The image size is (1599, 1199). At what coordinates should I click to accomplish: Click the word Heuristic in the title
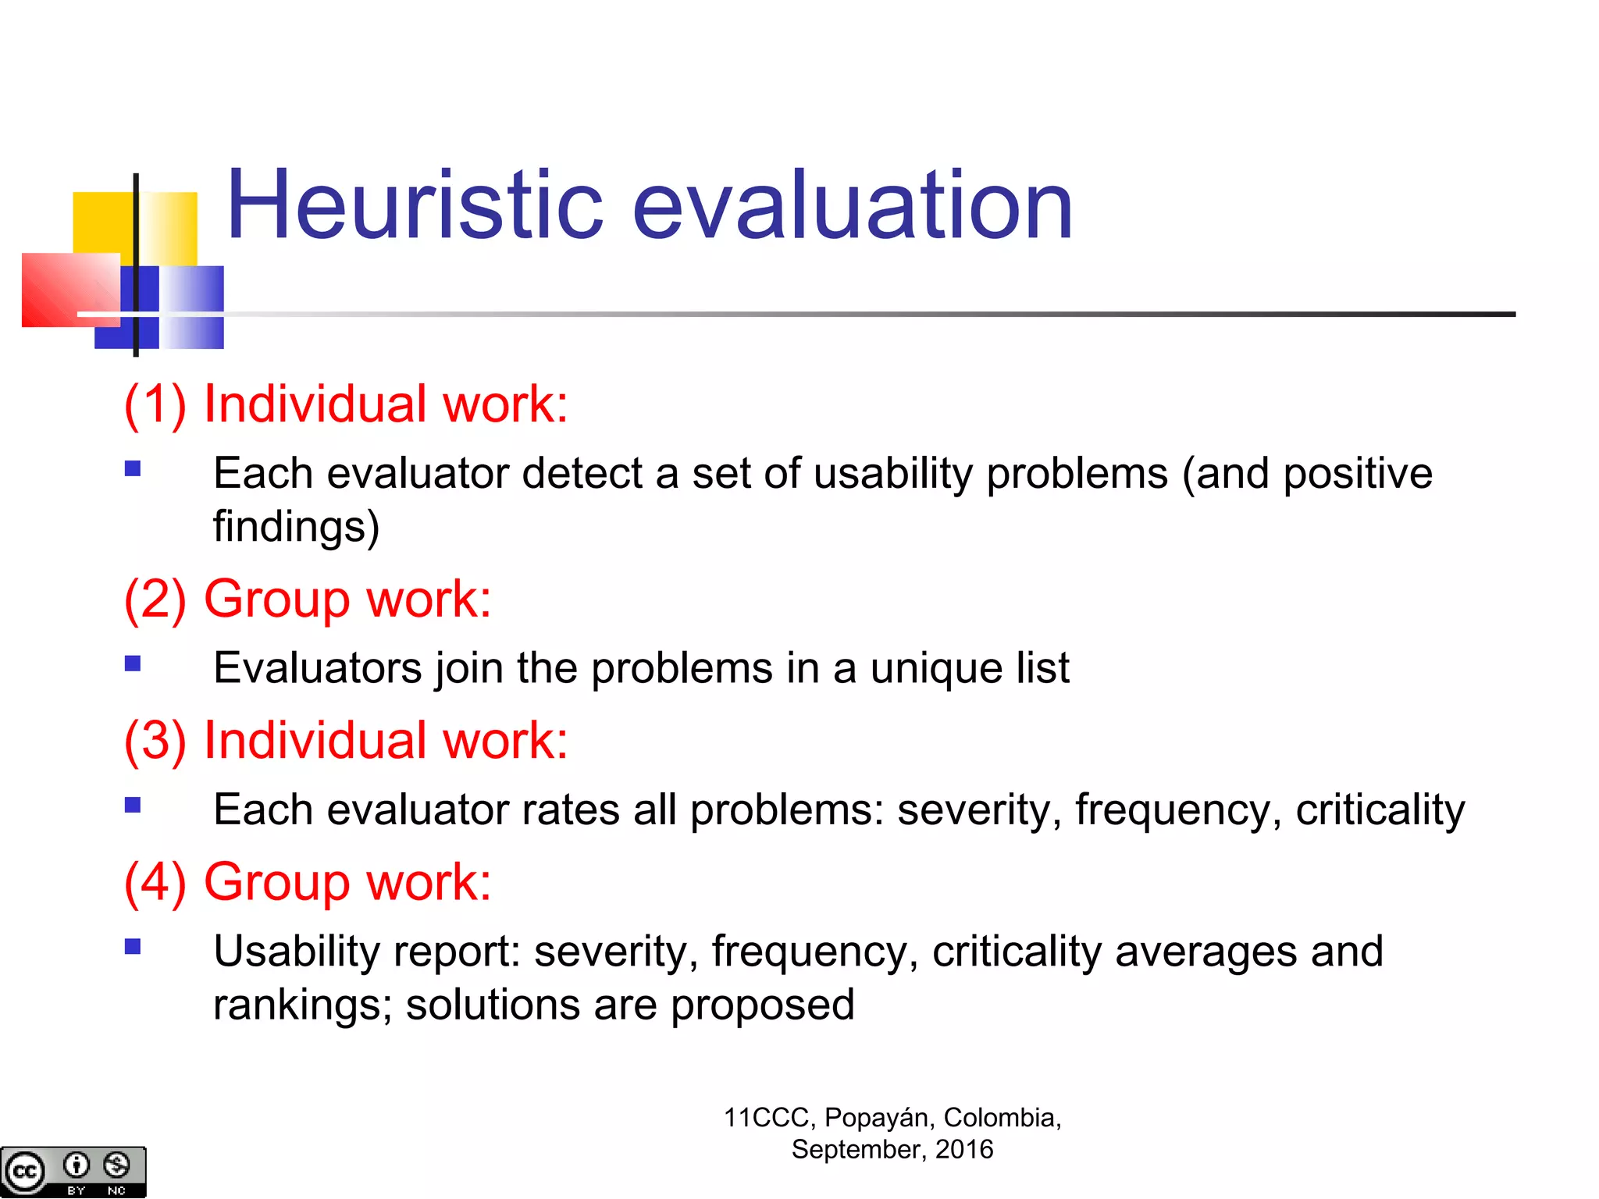[x=414, y=206]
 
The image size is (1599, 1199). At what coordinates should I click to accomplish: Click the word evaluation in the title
[x=852, y=206]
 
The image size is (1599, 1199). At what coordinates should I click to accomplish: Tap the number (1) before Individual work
[x=155, y=404]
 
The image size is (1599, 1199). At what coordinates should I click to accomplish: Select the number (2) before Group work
[x=155, y=599]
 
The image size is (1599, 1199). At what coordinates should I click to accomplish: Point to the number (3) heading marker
[x=155, y=741]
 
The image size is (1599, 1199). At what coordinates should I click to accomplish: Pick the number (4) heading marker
[x=155, y=882]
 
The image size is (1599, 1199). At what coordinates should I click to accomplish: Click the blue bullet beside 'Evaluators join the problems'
[x=133, y=664]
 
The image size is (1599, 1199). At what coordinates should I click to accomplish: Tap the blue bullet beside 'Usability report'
[x=133, y=947]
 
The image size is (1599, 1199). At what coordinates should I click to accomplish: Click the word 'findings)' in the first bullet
[x=296, y=527]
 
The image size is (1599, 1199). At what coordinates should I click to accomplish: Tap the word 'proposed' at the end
[x=762, y=1006]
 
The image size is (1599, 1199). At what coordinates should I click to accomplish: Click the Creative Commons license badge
[x=73, y=1172]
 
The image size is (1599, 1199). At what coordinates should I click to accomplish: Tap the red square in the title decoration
[x=62, y=289]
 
